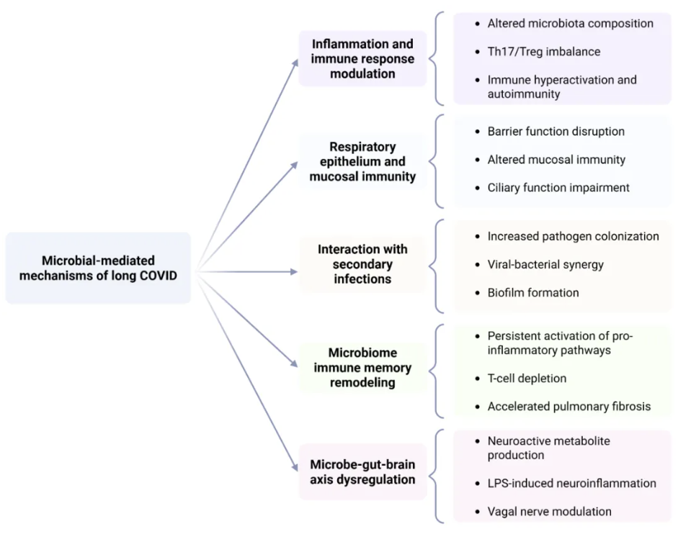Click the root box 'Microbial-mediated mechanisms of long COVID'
[98, 268]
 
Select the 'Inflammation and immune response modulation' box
[362, 58]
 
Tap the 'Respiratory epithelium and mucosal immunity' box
[362, 161]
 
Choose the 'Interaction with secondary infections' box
[362, 263]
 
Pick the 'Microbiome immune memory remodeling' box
[362, 368]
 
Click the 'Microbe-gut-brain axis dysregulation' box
[362, 471]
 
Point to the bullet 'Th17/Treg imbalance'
[543, 52]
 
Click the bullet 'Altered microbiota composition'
[570, 24]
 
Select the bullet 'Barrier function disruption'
[556, 132]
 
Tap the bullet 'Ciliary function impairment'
[558, 188]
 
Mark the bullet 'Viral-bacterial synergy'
[545, 264]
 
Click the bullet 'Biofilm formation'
[532, 292]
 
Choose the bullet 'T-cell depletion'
[527, 379]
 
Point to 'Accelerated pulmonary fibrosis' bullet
[568, 407]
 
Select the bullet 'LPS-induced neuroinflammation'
[571, 484]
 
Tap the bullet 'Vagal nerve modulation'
[549, 512]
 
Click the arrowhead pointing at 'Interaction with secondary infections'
[293, 272]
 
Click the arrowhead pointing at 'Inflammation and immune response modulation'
[295, 63]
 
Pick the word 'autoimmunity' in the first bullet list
[523, 94]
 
